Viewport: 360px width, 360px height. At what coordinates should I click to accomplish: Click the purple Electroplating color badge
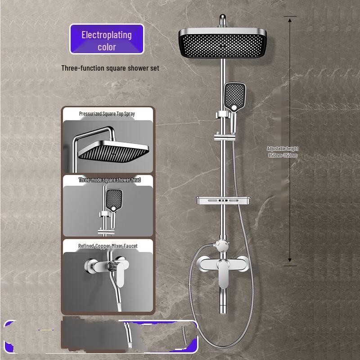107,39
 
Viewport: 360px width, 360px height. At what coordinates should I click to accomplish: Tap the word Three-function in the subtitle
77,68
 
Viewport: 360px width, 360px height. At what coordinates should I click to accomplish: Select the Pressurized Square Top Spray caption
107,114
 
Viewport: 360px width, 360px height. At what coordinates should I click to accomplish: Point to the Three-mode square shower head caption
109,180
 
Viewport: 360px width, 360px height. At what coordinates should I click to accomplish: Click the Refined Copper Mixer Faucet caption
108,246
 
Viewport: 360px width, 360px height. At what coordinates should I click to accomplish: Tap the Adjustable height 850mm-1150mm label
282,152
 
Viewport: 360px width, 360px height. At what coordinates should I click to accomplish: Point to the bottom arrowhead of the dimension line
290,260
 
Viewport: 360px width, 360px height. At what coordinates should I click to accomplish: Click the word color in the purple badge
107,47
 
